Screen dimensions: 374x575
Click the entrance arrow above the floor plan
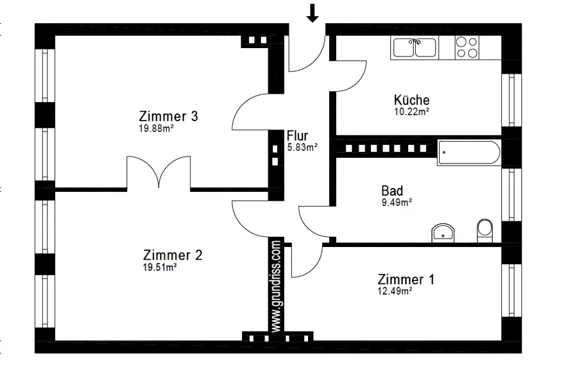313,13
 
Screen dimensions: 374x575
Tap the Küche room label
411,100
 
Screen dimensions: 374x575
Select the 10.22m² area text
411,111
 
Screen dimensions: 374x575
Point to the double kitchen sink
415,47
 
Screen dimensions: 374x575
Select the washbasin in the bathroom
444,233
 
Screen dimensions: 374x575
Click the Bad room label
392,191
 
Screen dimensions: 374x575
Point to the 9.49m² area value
396,201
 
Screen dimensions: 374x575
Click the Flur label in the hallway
298,136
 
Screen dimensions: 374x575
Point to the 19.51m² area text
160,267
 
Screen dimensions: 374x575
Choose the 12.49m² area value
395,291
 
